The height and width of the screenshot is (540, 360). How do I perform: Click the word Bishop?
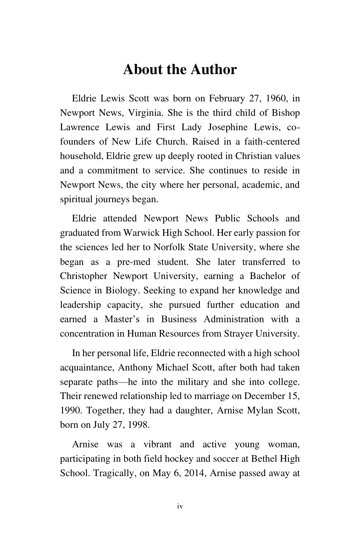pyautogui.click(x=285, y=113)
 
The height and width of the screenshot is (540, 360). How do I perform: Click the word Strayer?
pyautogui.click(x=238, y=334)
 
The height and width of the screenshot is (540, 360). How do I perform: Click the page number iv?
pyautogui.click(x=180, y=506)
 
